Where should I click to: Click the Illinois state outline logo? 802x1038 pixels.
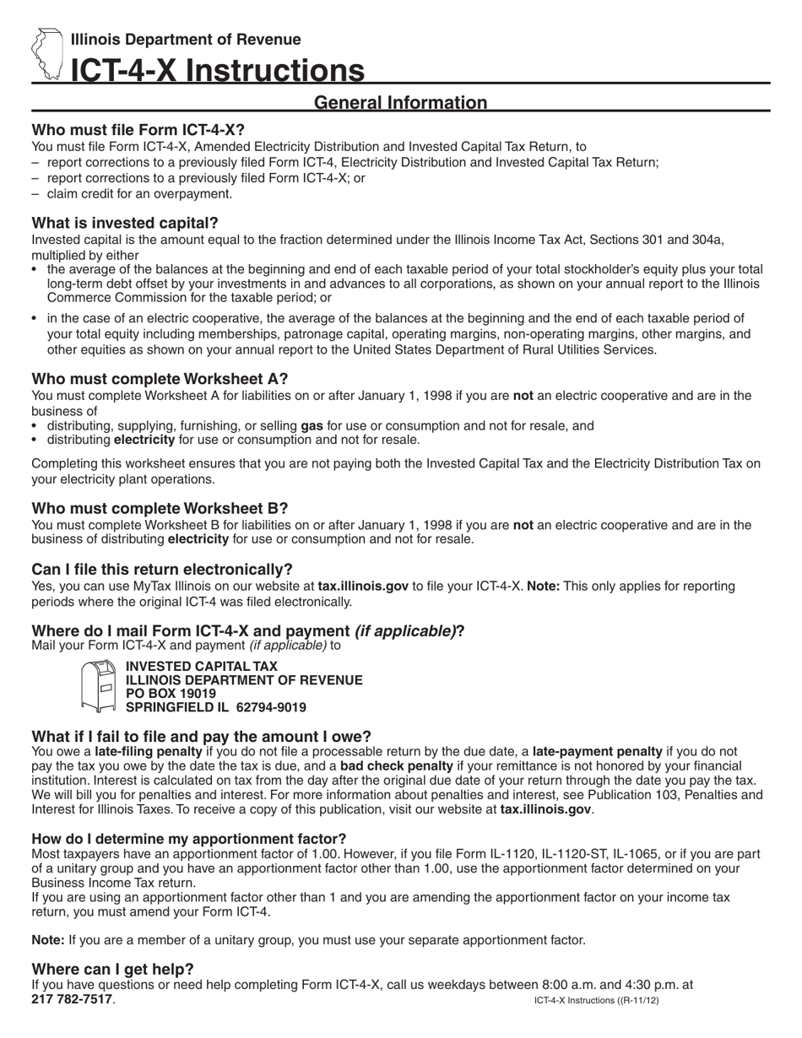[47, 54]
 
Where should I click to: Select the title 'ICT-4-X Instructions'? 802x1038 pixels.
[218, 71]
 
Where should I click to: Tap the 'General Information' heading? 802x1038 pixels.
[400, 103]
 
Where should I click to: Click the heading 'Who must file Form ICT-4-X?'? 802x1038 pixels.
[138, 130]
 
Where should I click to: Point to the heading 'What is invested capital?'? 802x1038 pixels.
[125, 223]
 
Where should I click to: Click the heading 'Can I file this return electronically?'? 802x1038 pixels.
[162, 569]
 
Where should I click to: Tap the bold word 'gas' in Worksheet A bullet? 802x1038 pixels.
[312, 426]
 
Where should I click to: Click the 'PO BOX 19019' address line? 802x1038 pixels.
[171, 694]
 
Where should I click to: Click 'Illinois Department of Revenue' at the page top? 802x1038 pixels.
[186, 40]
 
